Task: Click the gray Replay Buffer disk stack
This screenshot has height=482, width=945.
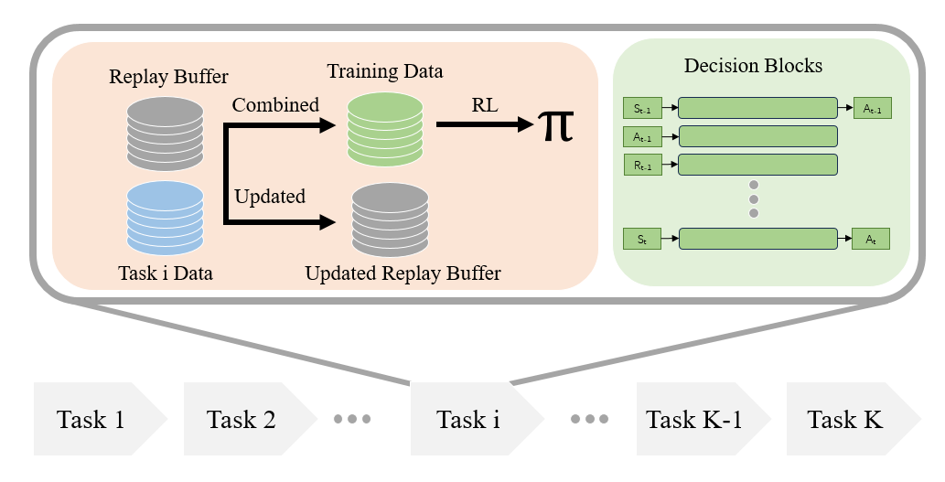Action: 166,134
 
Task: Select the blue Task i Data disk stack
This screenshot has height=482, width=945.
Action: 166,218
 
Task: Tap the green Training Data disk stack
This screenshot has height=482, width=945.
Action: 385,129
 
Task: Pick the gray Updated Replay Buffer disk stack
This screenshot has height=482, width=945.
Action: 390,220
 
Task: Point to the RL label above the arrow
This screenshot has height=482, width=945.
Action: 485,105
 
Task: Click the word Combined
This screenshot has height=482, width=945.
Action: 275,105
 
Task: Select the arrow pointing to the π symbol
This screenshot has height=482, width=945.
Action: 485,124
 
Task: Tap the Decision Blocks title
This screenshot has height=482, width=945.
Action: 754,65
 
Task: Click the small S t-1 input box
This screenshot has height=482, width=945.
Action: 642,109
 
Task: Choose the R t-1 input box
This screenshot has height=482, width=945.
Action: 642,165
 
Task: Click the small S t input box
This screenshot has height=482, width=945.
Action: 642,239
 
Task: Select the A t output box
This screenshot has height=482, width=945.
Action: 871,239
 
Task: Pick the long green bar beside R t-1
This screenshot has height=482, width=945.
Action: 757,165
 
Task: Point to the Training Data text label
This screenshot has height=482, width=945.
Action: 385,71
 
